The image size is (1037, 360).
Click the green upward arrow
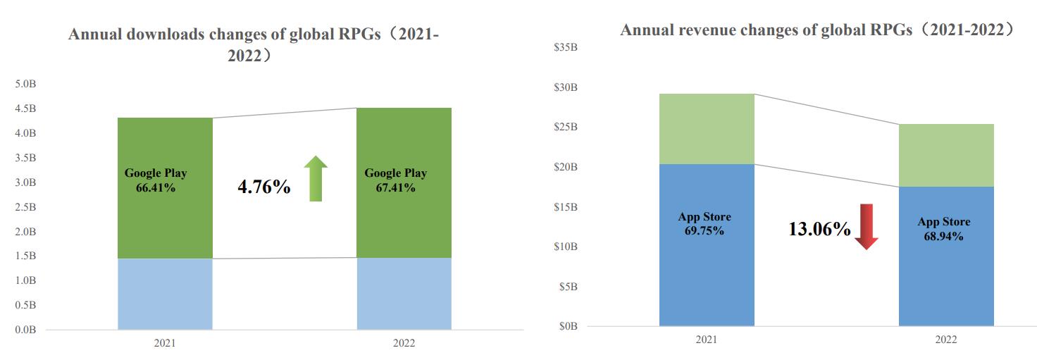point(316,179)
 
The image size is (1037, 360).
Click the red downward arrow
point(866,226)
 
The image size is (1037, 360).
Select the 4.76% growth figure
point(264,187)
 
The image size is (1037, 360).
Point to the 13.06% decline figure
point(819,229)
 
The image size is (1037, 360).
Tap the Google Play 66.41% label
point(156,180)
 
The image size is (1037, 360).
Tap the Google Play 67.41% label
point(395,180)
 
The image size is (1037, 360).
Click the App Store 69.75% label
point(704,223)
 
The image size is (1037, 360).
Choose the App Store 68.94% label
point(943,228)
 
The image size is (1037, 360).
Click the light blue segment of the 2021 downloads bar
point(165,294)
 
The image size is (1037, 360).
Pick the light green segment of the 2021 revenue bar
point(707,129)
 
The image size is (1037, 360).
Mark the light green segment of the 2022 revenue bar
point(946,155)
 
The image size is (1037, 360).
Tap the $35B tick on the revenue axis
point(566,48)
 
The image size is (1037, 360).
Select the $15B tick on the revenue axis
point(566,207)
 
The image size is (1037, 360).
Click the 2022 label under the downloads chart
point(404,344)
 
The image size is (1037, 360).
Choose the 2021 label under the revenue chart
point(707,340)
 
